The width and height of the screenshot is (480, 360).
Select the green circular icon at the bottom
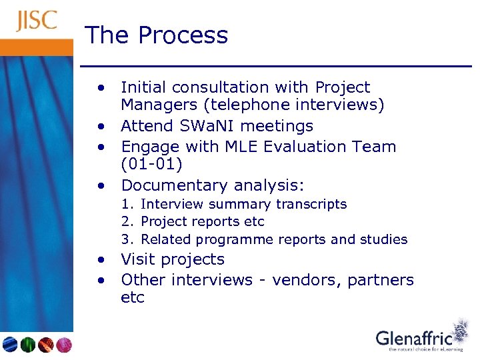(27, 345)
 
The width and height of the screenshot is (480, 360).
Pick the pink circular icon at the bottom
(63, 345)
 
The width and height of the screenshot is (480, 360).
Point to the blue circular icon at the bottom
(10, 345)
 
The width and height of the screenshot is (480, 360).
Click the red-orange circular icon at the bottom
(45, 345)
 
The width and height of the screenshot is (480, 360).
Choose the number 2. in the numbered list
(127, 221)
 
